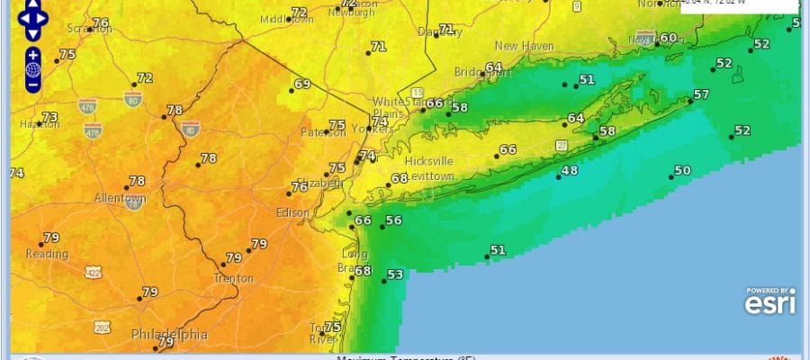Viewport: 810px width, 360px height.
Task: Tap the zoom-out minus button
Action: click(32, 85)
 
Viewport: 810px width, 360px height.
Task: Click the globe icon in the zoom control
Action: click(32, 68)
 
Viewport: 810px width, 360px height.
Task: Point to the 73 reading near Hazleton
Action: click(50, 118)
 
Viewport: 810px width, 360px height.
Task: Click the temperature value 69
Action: click(302, 85)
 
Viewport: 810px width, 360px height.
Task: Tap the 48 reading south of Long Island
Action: click(570, 171)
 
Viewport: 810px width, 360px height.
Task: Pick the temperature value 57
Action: click(701, 95)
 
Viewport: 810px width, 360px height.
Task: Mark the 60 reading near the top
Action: click(668, 38)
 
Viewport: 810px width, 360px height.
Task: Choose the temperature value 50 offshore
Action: click(682, 170)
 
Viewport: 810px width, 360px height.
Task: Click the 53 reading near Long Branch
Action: click(394, 274)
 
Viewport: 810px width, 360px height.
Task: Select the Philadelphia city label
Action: click(169, 334)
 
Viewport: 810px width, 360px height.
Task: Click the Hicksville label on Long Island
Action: click(428, 160)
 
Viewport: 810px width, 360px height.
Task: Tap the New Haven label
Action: click(519, 45)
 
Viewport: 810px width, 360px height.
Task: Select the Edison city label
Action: click(292, 213)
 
